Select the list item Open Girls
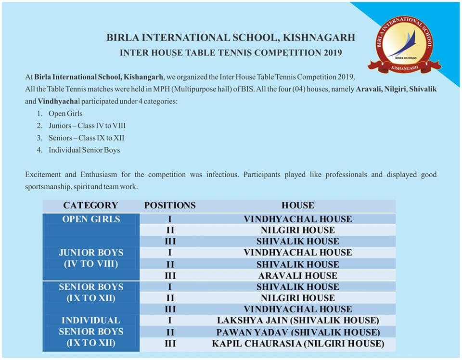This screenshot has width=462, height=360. (65, 114)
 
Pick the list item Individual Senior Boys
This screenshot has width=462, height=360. (84, 150)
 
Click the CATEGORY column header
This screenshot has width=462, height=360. (90, 206)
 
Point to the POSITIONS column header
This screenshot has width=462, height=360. (170, 206)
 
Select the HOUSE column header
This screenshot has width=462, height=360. (298, 206)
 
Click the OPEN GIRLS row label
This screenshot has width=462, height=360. (91, 219)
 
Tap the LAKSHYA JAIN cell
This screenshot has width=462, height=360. (298, 320)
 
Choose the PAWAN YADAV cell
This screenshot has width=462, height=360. (298, 332)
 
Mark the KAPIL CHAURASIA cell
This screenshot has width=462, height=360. (298, 344)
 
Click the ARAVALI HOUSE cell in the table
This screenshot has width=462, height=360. (298, 276)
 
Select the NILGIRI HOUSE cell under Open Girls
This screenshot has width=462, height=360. (298, 230)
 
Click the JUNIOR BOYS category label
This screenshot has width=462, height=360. (91, 253)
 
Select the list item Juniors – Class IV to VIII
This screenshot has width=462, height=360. (87, 126)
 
